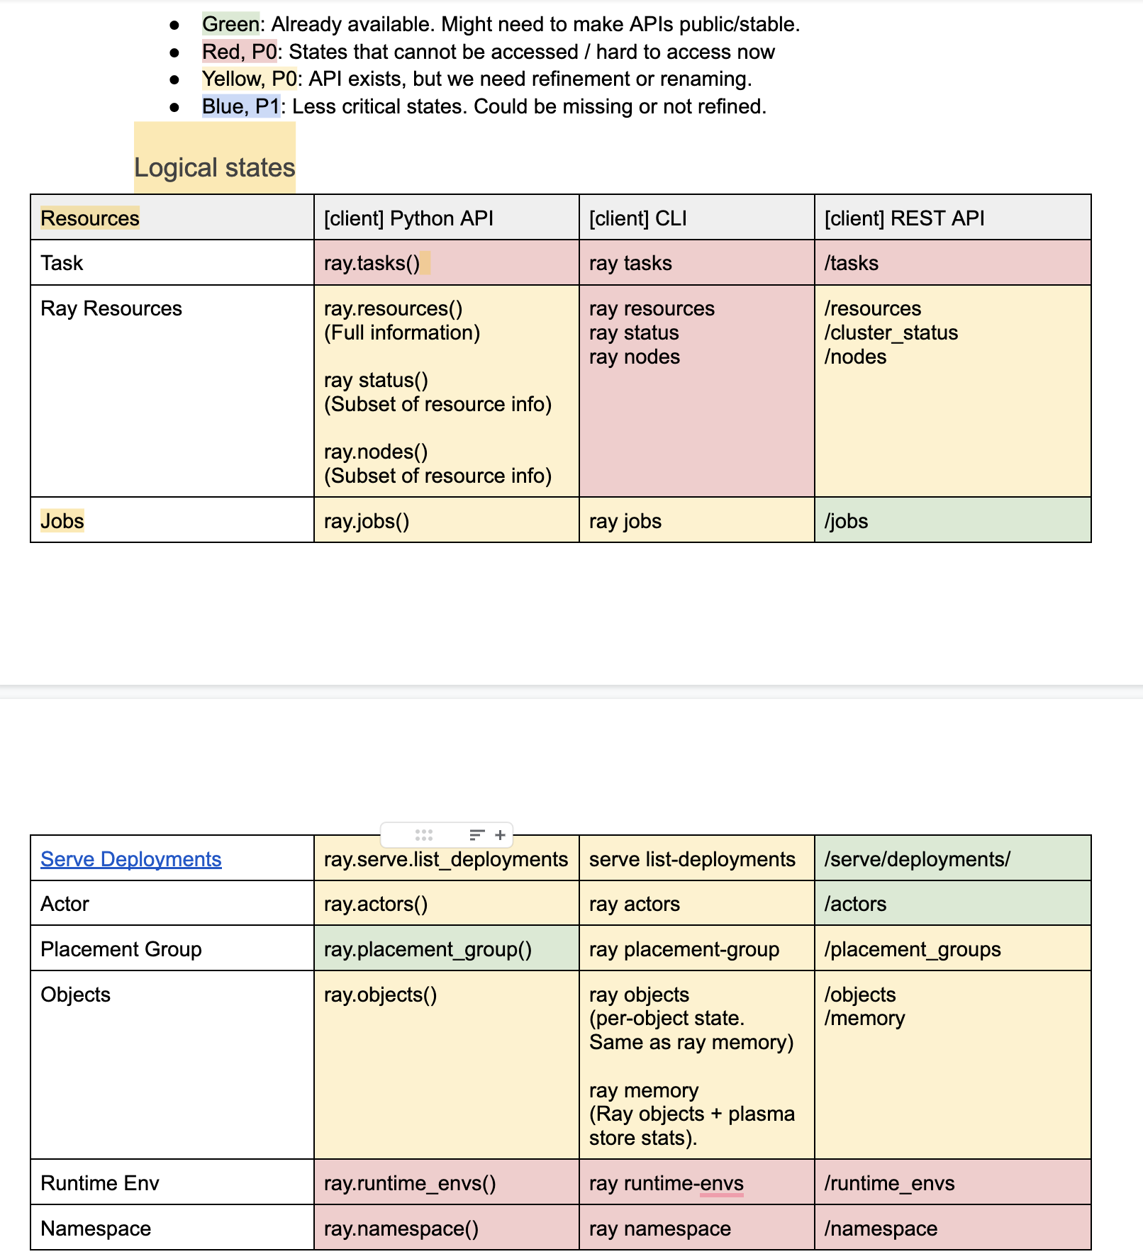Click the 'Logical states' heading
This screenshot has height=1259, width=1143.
[x=214, y=168]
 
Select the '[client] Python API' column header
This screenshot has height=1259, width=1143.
[x=408, y=218]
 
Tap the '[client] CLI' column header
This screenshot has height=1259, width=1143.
[x=637, y=218]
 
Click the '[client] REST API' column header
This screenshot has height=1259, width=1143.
[x=904, y=218]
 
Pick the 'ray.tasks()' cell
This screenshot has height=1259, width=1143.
[x=372, y=263]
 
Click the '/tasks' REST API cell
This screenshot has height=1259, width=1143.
[x=851, y=263]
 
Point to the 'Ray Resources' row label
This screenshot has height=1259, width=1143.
[x=111, y=308]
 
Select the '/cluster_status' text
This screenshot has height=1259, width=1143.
[x=891, y=332]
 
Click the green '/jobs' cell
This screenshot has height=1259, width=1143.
[x=846, y=521]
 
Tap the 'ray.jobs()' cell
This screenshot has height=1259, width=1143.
[x=367, y=521]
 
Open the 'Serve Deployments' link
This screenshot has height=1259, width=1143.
[x=131, y=859]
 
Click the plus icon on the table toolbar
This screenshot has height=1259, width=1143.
[x=500, y=835]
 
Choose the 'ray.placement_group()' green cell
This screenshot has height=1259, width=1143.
[x=428, y=949]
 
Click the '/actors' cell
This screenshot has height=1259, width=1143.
[x=855, y=904]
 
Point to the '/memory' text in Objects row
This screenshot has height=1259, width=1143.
[x=864, y=1019]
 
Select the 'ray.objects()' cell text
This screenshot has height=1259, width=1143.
[x=380, y=995]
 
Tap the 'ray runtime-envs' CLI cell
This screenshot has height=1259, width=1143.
[x=666, y=1183]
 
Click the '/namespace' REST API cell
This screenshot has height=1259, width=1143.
[x=881, y=1229]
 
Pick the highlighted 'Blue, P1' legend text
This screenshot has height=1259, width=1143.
[x=240, y=106]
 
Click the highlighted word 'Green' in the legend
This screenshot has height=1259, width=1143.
[x=230, y=24]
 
